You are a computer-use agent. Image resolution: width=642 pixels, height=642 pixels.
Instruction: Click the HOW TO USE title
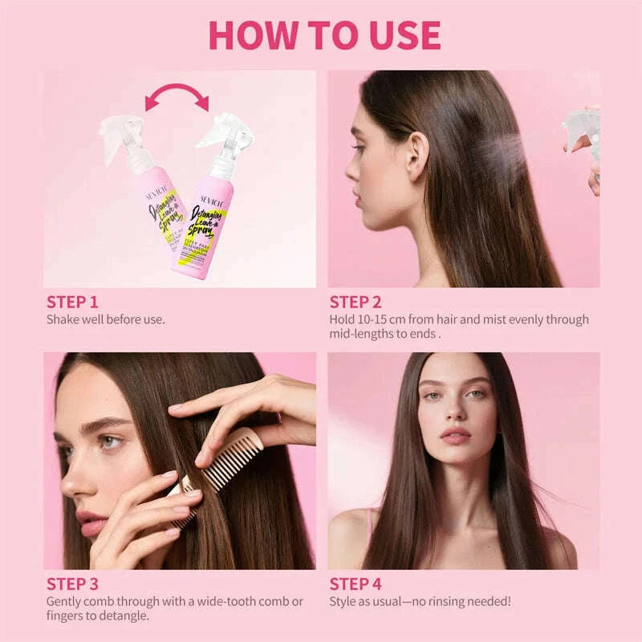pyautogui.click(x=324, y=35)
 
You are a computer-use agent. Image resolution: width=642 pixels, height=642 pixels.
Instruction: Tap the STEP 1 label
pyautogui.click(x=72, y=302)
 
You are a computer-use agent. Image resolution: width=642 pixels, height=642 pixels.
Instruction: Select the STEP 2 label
pyautogui.click(x=356, y=302)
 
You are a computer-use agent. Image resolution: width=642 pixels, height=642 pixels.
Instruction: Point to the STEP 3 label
pyautogui.click(x=73, y=583)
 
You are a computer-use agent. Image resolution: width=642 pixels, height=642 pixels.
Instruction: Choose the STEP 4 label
pyautogui.click(x=356, y=583)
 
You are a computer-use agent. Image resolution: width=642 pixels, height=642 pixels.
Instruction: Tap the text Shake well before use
pyautogui.click(x=105, y=319)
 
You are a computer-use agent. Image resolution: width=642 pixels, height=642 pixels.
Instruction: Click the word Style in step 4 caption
pyautogui.click(x=344, y=601)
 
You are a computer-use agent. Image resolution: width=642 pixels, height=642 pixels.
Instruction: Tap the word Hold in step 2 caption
pyautogui.click(x=343, y=319)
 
